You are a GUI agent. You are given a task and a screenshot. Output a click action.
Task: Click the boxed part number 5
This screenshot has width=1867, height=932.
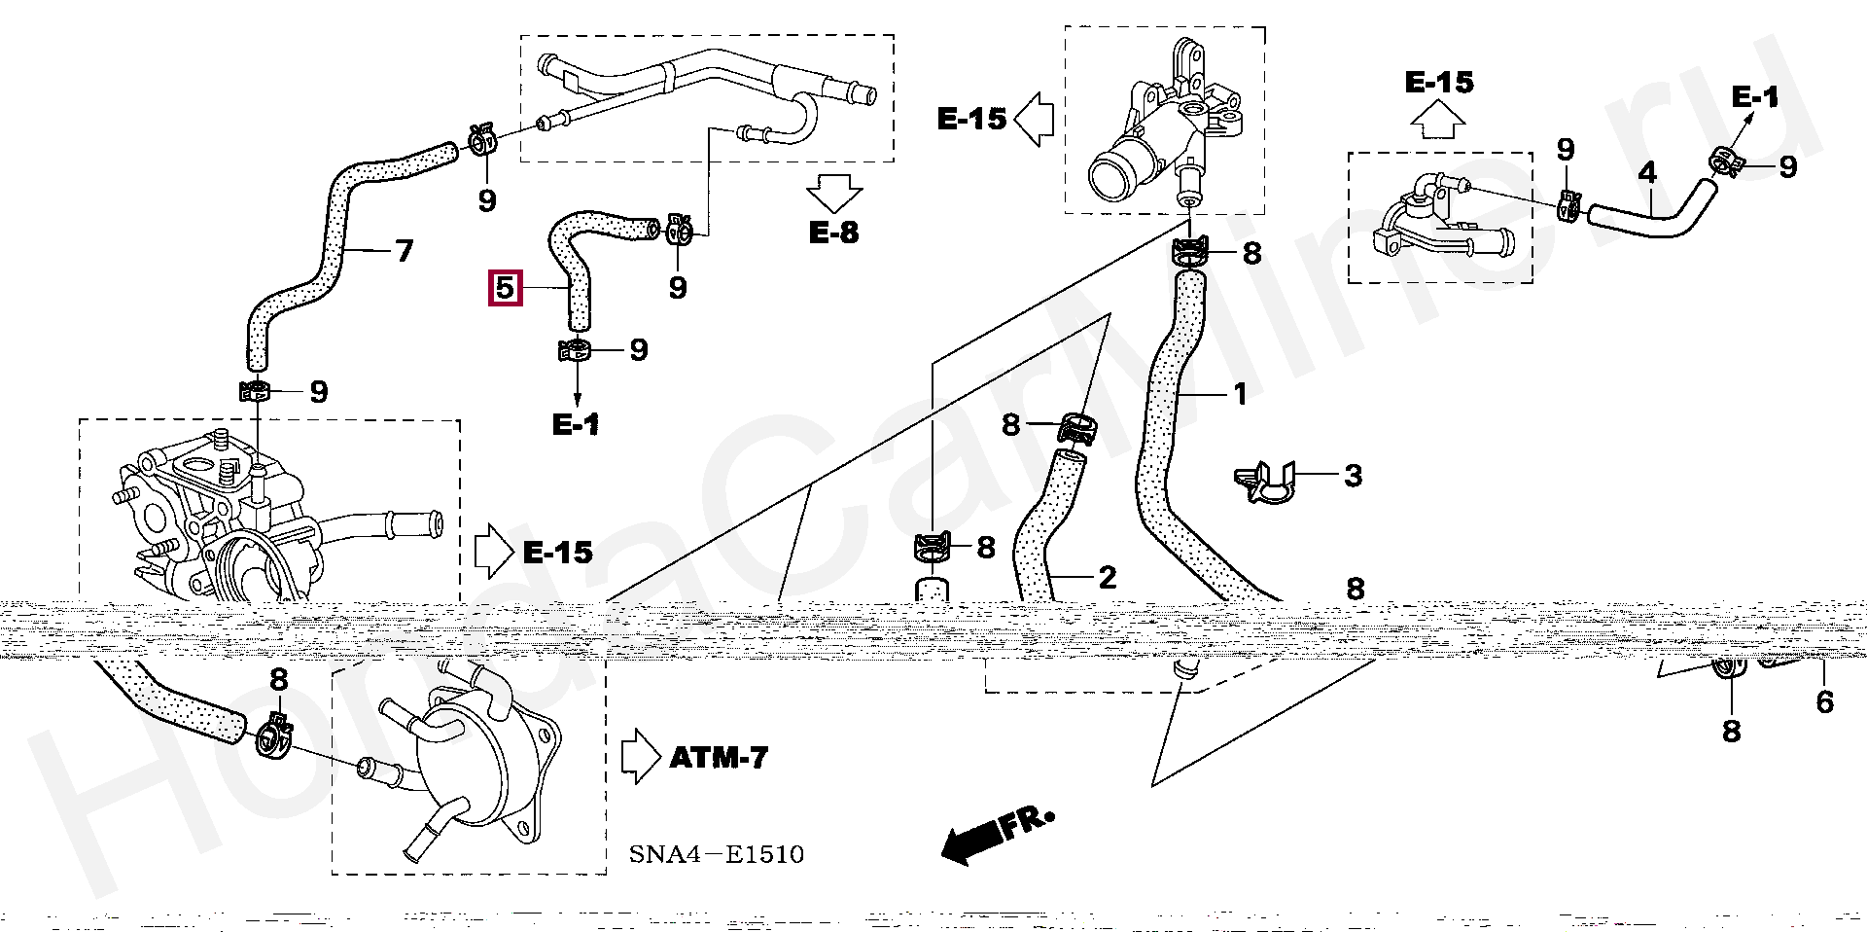tap(505, 289)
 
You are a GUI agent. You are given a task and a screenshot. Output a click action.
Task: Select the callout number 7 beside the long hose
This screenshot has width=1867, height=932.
tap(405, 251)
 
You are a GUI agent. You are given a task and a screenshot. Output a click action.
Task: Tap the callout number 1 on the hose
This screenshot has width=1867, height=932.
tap(1240, 394)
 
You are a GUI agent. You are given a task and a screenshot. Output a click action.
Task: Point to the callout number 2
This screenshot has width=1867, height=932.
tap(1107, 578)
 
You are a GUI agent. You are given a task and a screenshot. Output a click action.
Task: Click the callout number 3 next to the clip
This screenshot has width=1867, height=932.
tap(1353, 476)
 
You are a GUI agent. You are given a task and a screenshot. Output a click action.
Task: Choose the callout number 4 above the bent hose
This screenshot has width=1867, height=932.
tap(1646, 173)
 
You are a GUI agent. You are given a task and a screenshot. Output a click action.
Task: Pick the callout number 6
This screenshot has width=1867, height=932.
tap(1824, 701)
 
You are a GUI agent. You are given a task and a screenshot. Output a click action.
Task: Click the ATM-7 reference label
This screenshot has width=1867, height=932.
tap(719, 757)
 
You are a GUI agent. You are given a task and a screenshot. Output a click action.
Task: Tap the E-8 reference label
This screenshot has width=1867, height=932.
tap(833, 233)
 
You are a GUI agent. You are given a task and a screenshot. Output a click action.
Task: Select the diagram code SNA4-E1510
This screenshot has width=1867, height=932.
tap(716, 855)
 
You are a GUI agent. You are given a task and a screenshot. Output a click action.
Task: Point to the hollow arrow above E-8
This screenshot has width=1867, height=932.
tap(833, 194)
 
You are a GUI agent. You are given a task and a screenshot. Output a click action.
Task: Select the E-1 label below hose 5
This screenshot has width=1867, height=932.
tap(576, 425)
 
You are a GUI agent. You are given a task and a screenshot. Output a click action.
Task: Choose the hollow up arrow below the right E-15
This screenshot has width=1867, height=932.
tap(1439, 122)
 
